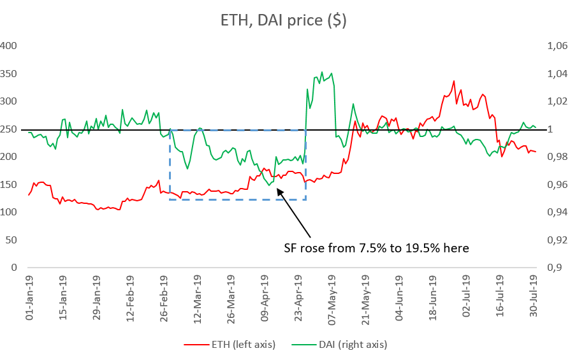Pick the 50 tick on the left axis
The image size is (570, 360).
pos(11,240)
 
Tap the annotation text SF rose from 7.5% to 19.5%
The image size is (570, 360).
pos(376,247)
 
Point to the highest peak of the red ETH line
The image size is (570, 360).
pos(454,81)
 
